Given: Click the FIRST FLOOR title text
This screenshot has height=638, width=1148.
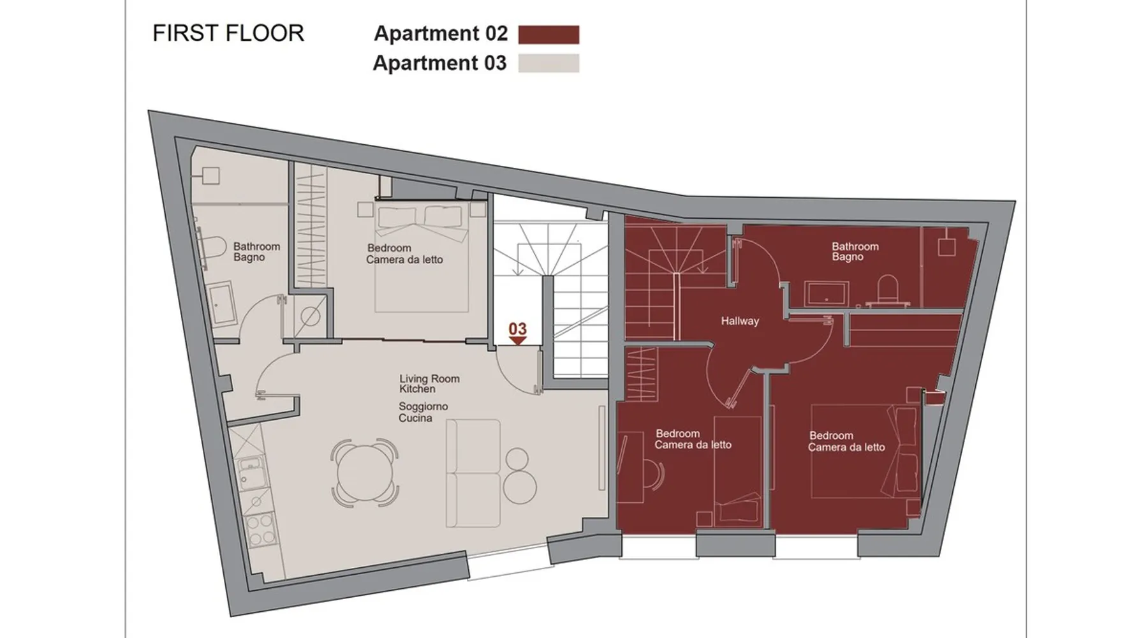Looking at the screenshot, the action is point(228,33).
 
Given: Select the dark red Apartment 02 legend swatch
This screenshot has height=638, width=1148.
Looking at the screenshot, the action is point(548,34).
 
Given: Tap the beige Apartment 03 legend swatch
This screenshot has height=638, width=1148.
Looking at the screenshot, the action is point(548,63).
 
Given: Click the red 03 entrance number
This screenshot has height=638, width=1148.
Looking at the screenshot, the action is point(517,329).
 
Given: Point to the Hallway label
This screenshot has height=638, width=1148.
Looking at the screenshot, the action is point(740,321).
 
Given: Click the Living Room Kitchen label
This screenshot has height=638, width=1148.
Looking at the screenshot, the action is point(429,383).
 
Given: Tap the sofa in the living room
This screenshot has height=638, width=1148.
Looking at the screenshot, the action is point(473,473).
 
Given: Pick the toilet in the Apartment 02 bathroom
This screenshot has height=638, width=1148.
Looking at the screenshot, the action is point(887,290).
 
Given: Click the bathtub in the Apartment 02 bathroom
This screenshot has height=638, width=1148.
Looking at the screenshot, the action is point(827,293).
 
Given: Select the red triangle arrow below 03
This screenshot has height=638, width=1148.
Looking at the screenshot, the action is point(517,341).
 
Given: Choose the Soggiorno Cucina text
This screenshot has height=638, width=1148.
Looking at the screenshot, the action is point(423,412).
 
